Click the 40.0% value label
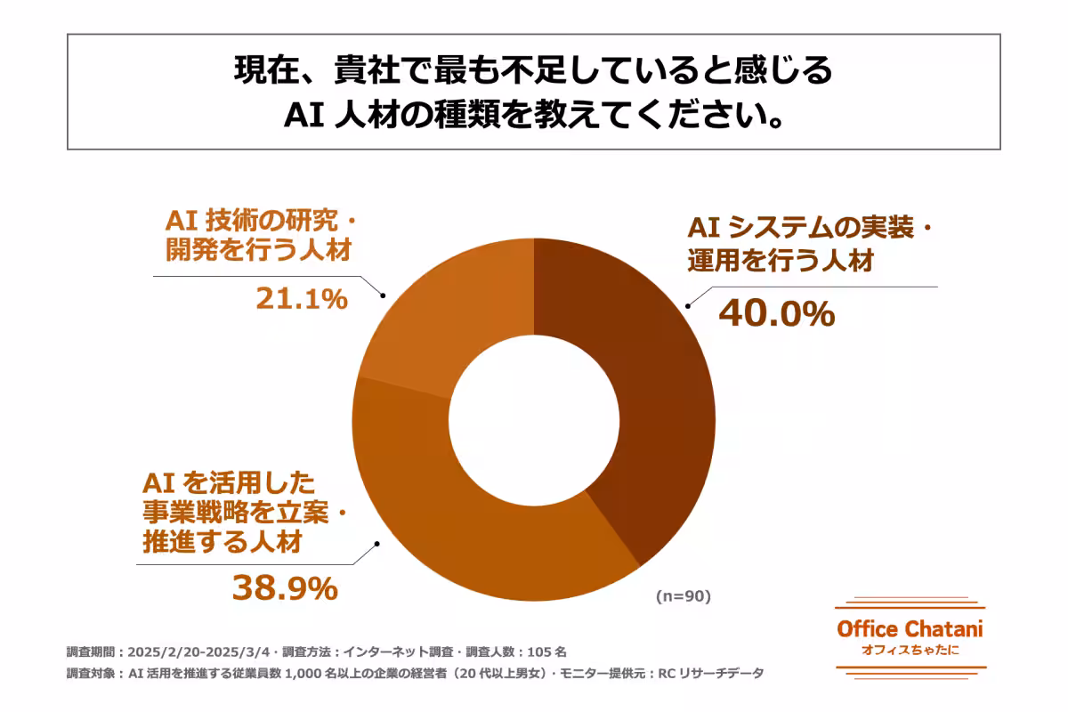click(776, 312)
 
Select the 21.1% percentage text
click(301, 299)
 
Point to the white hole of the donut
click(533, 418)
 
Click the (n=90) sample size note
click(684, 596)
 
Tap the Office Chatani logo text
click(910, 628)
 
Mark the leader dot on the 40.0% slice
click(687, 304)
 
